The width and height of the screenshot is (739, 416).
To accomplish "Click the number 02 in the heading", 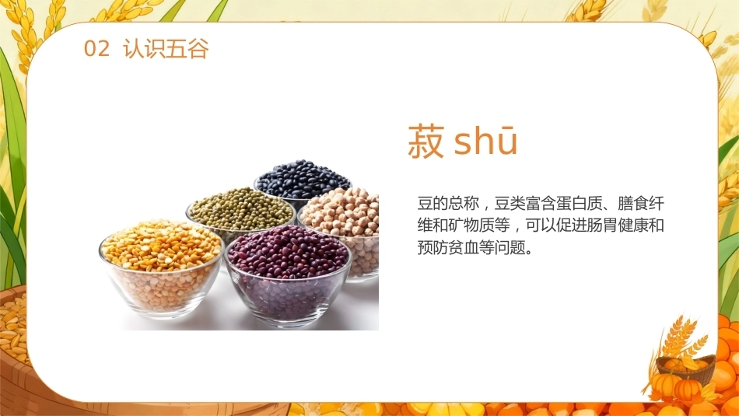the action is pos(96,48).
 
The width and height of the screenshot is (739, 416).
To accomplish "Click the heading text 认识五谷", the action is pos(166,48).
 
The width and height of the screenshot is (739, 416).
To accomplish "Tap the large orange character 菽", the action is pos(426,141).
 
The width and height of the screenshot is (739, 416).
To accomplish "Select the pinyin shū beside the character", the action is pos(486,141).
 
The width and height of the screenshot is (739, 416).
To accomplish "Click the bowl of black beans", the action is pos(303,181).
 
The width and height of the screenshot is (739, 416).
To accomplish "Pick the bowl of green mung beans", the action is pos(240,213).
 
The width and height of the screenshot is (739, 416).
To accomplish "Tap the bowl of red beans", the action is pos(288,275).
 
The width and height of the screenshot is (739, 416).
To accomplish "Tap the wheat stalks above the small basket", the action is pos(680,337).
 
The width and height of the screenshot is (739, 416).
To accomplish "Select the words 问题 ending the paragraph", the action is pos(510,246).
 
